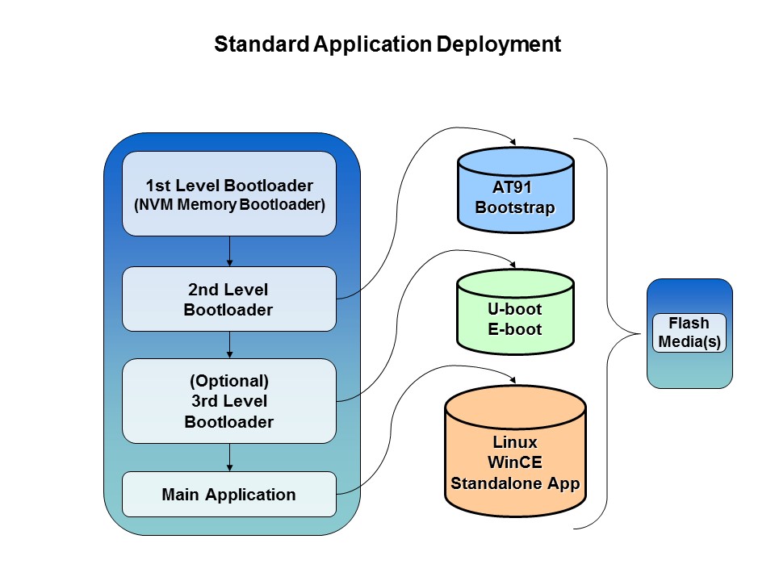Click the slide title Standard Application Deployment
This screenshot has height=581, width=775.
coord(387,44)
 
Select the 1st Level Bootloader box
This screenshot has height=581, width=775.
coord(228,194)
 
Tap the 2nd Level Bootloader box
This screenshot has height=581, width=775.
coord(228,299)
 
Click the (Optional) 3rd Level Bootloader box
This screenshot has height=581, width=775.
coord(228,401)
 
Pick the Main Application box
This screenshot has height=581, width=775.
coord(228,494)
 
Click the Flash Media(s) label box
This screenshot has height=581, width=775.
coord(689,332)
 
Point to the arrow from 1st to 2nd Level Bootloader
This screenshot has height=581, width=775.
coord(230,251)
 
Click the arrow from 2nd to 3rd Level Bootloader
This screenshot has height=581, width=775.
coord(230,345)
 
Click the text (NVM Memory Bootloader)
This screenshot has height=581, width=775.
coord(229,205)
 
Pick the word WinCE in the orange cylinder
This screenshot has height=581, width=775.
coord(515,462)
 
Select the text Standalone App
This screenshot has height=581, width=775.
coord(515,483)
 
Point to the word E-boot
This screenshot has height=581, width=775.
coord(515,329)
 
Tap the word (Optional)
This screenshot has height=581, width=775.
coord(228,380)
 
